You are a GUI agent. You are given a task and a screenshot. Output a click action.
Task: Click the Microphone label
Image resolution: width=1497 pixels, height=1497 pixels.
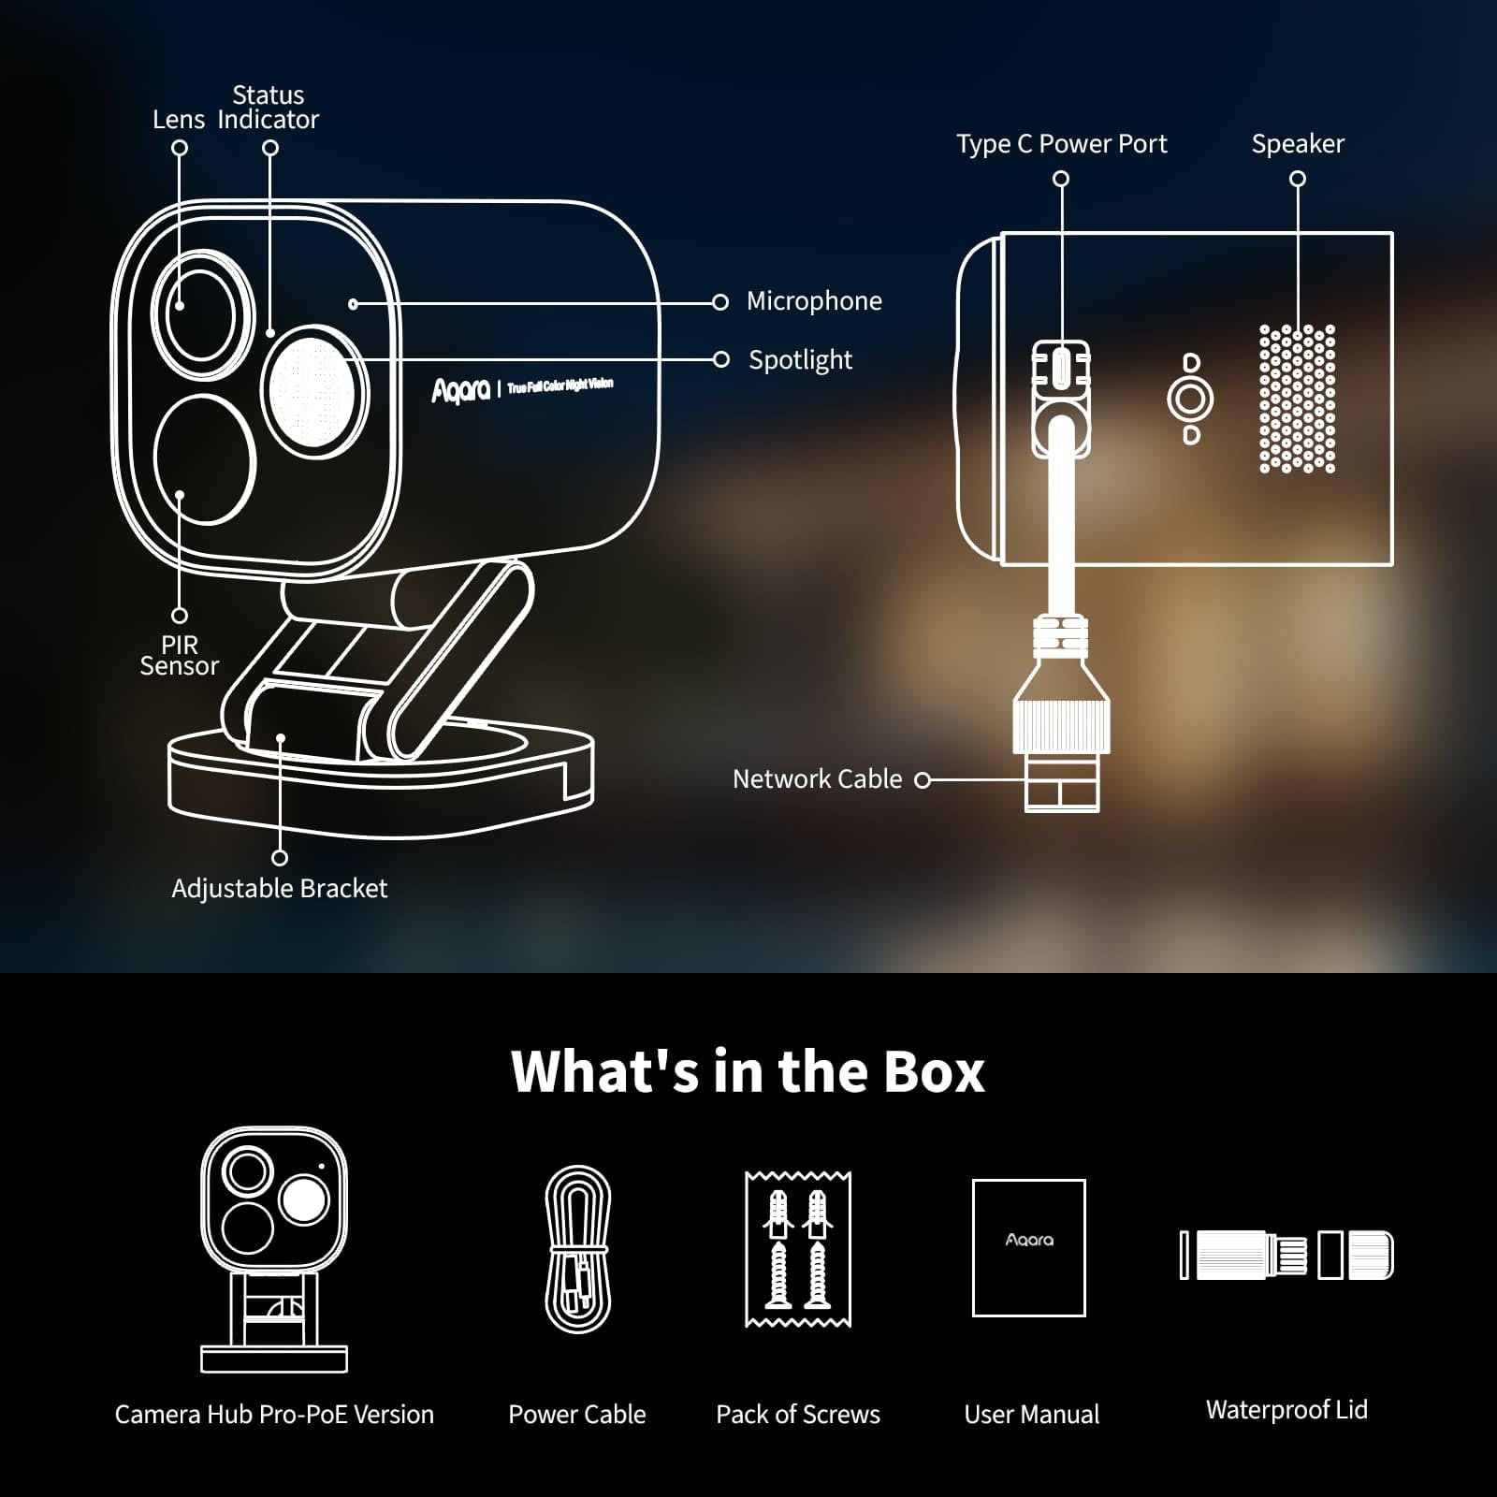click(x=814, y=301)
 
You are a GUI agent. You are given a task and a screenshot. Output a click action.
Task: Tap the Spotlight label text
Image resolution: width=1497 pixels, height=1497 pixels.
click(x=800, y=360)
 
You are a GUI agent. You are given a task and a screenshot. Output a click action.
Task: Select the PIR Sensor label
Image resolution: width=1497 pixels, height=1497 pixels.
click(x=179, y=656)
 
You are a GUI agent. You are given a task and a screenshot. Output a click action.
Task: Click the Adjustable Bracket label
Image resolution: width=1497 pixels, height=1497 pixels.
click(x=279, y=889)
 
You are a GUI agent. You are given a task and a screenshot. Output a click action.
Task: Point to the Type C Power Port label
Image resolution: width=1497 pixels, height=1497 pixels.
click(x=1061, y=144)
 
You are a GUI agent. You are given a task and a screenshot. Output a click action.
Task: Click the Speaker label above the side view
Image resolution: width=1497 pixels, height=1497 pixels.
click(x=1298, y=144)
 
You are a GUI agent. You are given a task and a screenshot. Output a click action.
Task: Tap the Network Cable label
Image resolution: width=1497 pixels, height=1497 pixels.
click(x=817, y=779)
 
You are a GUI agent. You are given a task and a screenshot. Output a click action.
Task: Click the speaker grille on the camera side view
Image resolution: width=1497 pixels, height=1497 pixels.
click(x=1297, y=400)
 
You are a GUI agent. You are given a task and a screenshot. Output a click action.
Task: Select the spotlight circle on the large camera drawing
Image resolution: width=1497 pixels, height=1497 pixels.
click(x=313, y=391)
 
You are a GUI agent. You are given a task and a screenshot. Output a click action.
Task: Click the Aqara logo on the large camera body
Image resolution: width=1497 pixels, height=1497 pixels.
click(x=460, y=390)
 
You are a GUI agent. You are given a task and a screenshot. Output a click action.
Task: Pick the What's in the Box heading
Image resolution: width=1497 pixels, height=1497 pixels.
click(x=748, y=1071)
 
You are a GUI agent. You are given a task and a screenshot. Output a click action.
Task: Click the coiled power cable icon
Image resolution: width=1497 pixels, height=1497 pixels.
click(x=578, y=1249)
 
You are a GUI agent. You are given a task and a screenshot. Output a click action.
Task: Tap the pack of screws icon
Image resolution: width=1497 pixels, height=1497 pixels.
click(x=798, y=1249)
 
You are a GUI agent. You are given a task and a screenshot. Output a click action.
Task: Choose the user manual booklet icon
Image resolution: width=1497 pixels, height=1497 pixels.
click(x=1029, y=1248)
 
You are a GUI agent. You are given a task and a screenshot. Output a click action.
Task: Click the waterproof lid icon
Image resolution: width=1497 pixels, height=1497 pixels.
click(x=1287, y=1255)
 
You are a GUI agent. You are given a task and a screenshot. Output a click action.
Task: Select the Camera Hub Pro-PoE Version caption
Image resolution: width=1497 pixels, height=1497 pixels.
click(x=274, y=1415)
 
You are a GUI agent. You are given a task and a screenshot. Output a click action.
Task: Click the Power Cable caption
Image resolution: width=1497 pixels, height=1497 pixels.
click(x=576, y=1415)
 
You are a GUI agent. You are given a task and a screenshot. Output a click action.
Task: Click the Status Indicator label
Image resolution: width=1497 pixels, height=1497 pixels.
click(x=268, y=108)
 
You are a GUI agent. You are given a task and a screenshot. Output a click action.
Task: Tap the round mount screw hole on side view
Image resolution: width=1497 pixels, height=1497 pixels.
click(x=1190, y=400)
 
